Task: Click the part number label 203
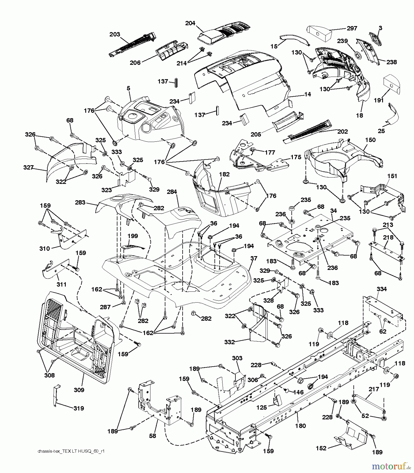[x=115, y=34]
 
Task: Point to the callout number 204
[x=190, y=23]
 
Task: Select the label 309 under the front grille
[x=79, y=390]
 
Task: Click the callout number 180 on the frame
[x=301, y=426]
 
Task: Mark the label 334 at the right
[x=382, y=289]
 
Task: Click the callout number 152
[x=321, y=448]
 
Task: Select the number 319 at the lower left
[x=79, y=408]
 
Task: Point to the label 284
[x=172, y=192]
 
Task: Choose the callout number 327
[x=28, y=167]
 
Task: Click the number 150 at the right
[x=370, y=140]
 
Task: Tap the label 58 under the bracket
[x=152, y=436]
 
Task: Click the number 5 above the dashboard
[x=128, y=89]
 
